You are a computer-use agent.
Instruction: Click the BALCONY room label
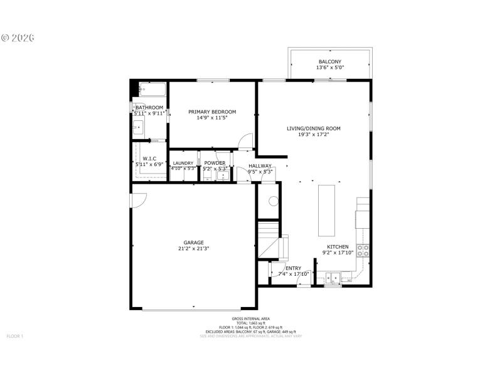pos(329,61)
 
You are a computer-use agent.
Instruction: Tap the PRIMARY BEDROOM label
pos(212,112)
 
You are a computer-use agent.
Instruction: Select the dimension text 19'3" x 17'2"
pos(313,134)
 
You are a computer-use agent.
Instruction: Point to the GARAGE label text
pos(193,242)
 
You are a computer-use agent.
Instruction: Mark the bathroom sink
pos(138,128)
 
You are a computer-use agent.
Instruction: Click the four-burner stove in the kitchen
pos(363,251)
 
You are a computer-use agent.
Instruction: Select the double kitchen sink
pos(333,276)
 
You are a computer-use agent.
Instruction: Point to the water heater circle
pos(273,201)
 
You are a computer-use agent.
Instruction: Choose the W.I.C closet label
pos(149,158)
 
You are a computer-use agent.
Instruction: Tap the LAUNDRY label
pos(183,163)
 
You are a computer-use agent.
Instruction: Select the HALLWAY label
pos(259,165)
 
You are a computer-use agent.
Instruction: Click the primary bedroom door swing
pos(247,142)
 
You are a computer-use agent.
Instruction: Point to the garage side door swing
pos(138,199)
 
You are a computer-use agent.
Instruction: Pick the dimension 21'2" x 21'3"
pos(193,248)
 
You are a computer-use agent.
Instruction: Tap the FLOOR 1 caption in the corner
pos(14,337)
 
